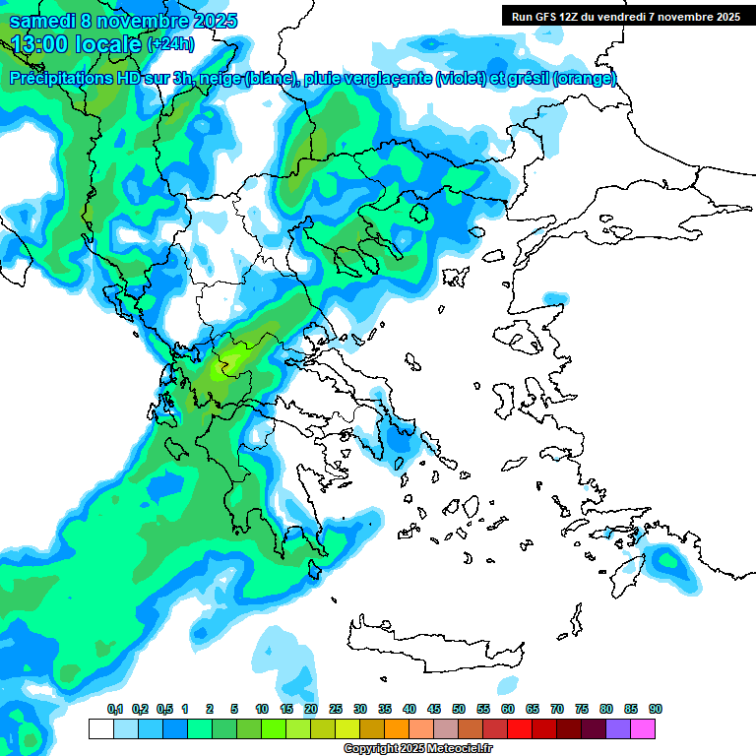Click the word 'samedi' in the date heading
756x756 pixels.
[45, 22]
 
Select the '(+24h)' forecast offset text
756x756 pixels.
[170, 44]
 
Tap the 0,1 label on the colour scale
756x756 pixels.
[114, 709]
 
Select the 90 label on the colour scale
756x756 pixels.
[656, 709]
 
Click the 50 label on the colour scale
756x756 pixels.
[459, 709]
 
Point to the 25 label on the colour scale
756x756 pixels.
[336, 709]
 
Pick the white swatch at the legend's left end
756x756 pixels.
[100, 728]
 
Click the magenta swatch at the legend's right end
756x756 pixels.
[643, 728]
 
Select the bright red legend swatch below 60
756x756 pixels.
[520, 728]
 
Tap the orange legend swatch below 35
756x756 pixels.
[397, 728]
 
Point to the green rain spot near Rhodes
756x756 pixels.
[669, 563]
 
